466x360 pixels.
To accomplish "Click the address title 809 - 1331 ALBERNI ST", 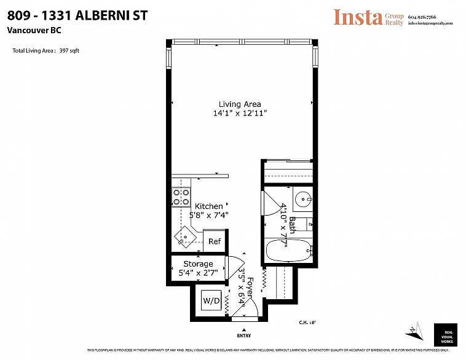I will [x=77, y=15].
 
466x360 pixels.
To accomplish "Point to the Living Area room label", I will [x=240, y=104].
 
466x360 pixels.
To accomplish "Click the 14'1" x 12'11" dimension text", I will [x=240, y=114].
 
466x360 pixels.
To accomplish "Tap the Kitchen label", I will [x=209, y=206].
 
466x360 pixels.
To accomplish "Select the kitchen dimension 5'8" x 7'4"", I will [x=209, y=216].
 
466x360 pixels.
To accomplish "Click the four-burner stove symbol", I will [x=181, y=197].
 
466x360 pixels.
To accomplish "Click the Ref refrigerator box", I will [x=214, y=241].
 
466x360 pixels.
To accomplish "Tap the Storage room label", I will [x=198, y=264].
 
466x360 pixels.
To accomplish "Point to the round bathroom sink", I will [x=302, y=200].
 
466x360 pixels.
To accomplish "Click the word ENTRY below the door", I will [x=243, y=336].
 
